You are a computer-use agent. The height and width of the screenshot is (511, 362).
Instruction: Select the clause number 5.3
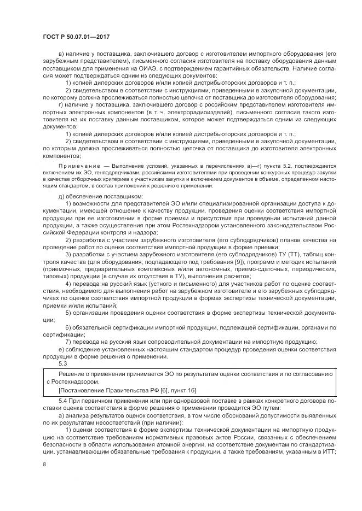pyautogui.click(x=62, y=363)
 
